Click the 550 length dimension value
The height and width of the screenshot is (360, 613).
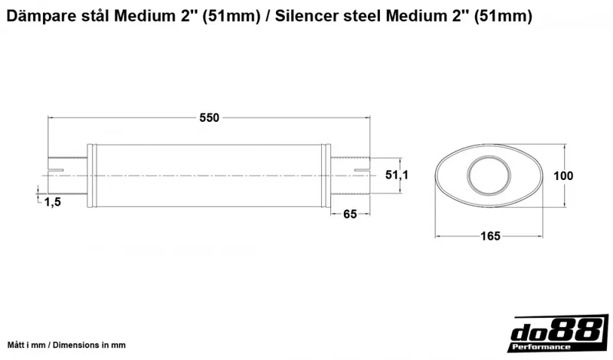pos(209,117)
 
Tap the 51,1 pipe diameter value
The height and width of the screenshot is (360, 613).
pos(396,175)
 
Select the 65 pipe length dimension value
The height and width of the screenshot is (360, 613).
pos(349,214)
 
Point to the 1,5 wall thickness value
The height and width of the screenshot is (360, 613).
pos(53,201)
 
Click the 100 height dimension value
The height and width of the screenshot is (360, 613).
pos(563,175)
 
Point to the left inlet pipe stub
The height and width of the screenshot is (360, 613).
pos(67,175)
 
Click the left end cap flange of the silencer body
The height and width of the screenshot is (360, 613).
pos(92,175)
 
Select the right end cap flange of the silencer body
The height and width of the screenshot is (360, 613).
pos(326,175)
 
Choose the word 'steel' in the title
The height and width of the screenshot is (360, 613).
pos(362,15)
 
